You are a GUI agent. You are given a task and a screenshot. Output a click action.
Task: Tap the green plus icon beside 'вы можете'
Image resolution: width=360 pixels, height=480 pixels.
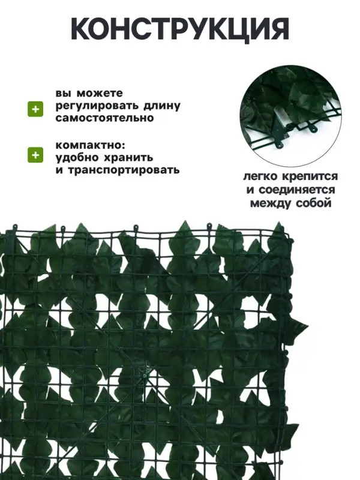[36, 108]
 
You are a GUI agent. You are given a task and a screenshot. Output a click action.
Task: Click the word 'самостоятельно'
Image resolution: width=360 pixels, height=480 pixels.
[104, 118]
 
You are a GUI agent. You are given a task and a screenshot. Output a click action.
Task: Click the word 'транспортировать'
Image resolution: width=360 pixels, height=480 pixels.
[122, 169]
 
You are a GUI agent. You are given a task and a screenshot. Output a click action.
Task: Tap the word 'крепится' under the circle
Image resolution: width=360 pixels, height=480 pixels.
[311, 178]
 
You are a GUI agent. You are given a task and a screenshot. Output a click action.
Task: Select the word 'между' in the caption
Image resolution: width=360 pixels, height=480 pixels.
[271, 203]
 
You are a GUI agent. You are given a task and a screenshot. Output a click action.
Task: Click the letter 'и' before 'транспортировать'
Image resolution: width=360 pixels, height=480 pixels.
[59, 170]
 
